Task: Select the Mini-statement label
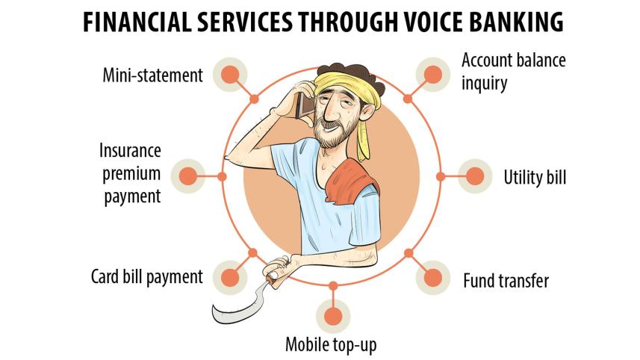[152, 75]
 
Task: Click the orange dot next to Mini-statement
[230, 75]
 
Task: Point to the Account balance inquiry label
[514, 72]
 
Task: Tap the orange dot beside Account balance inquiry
[433, 75]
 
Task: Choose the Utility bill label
[535, 178]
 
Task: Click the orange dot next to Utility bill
[475, 176]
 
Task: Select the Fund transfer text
[506, 281]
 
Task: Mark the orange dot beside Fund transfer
[433, 278]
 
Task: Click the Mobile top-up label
[331, 344]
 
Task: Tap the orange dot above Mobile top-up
[333, 317]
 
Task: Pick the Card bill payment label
[146, 277]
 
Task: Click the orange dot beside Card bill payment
[230, 278]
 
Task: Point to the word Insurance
[130, 151]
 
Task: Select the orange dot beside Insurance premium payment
[188, 176]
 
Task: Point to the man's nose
[322, 109]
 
